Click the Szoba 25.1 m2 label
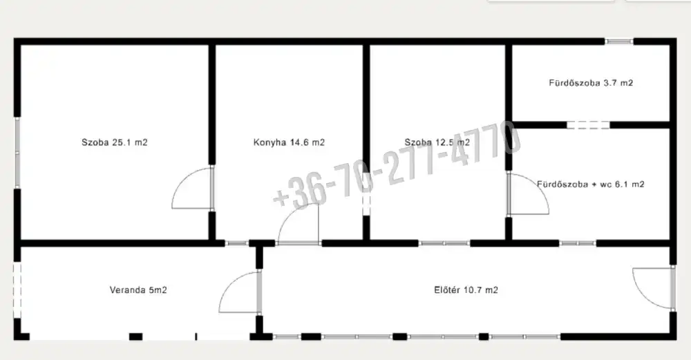pyautogui.click(x=115, y=142)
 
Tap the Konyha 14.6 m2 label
pyautogui.click(x=289, y=142)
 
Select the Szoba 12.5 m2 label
pyautogui.click(x=437, y=142)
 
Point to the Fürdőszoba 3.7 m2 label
pyautogui.click(x=591, y=82)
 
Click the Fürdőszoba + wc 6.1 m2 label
pyautogui.click(x=591, y=184)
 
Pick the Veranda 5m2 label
pyautogui.click(x=138, y=290)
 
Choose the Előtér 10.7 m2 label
pyautogui.click(x=466, y=290)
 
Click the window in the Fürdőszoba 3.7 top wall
pyautogui.click(x=618, y=41)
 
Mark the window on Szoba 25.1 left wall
pyautogui.click(x=18, y=153)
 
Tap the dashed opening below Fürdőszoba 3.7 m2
pyautogui.click(x=588, y=125)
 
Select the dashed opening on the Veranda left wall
pyautogui.click(x=17, y=290)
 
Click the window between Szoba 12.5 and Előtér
pyautogui.click(x=444, y=243)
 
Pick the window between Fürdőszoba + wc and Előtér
pyautogui.click(x=578, y=243)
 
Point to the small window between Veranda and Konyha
pyautogui.click(x=236, y=243)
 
